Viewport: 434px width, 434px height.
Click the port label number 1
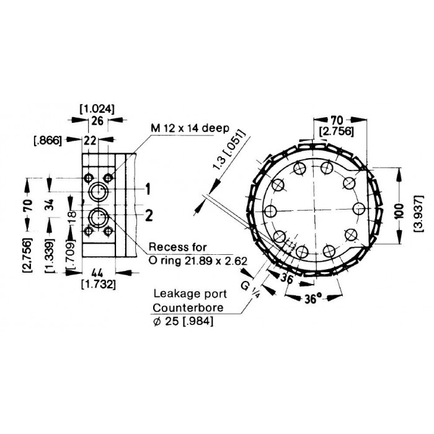pyautogui.click(x=148, y=189)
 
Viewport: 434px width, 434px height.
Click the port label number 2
pyautogui.click(x=149, y=215)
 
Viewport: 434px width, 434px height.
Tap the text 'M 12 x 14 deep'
pyautogui.click(x=190, y=128)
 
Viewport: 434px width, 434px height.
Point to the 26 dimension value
pyautogui.click(x=97, y=121)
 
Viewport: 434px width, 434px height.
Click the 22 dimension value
pyautogui.click(x=90, y=141)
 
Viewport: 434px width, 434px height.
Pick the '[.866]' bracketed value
pyautogui.click(x=47, y=141)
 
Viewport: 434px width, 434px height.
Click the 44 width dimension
pyautogui.click(x=97, y=273)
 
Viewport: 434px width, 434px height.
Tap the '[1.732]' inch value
pyautogui.click(x=99, y=284)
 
